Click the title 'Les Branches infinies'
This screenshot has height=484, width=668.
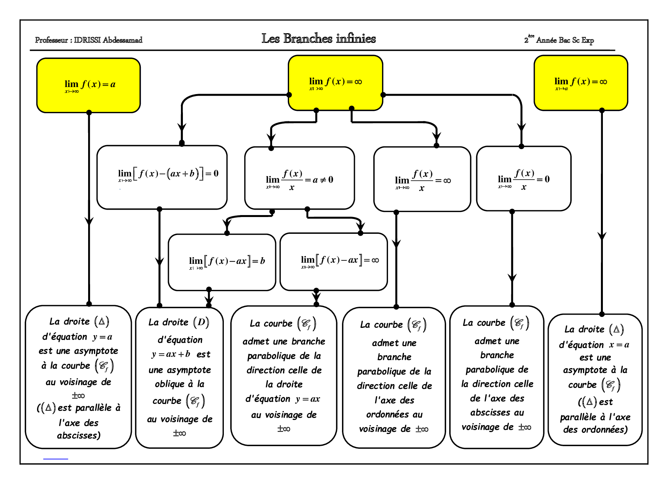(319, 39)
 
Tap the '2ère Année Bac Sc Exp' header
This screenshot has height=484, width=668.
(559, 40)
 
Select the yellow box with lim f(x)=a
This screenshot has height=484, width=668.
(89, 85)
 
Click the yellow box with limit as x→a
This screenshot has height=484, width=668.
(581, 83)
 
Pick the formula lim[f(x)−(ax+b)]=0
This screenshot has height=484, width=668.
(168, 174)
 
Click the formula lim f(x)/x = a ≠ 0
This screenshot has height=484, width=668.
(299, 180)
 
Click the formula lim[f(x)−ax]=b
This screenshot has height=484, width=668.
(227, 261)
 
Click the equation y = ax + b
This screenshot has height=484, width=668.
(171, 354)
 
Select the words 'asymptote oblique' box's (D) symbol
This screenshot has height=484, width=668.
(201, 322)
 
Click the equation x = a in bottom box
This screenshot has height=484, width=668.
(619, 345)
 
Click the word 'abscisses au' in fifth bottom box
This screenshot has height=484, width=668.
(497, 413)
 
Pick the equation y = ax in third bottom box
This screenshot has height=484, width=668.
(308, 399)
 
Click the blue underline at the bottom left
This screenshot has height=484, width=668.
(55, 459)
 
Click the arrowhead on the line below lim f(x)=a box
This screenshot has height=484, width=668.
(89, 221)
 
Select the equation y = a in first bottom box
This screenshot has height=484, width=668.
(103, 336)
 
